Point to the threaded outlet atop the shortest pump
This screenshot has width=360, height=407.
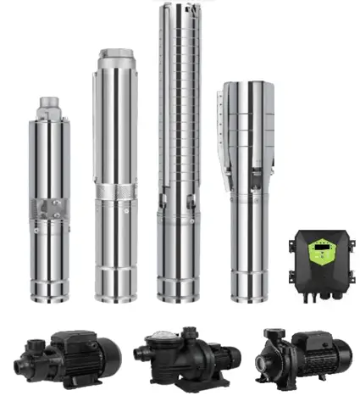click(48, 105)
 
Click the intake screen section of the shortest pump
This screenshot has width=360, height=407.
click(47, 208)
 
